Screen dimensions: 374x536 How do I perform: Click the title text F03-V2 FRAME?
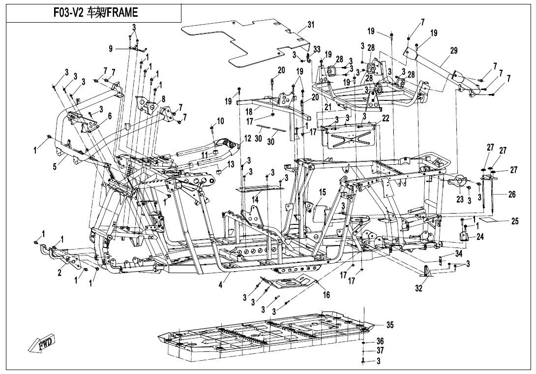click(x=95, y=13)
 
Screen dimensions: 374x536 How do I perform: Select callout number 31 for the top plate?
click(x=311, y=25)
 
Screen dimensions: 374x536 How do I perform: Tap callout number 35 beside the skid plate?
click(x=389, y=325)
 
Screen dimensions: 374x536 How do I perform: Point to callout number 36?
click(x=380, y=341)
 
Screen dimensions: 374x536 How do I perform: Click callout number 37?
click(x=380, y=351)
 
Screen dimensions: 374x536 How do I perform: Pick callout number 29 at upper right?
click(x=453, y=51)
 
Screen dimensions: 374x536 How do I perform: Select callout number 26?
click(x=512, y=194)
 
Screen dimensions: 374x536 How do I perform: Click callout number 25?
click(x=514, y=221)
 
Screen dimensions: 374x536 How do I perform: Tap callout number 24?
click(x=480, y=237)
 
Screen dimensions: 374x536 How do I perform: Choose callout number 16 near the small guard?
click(x=326, y=295)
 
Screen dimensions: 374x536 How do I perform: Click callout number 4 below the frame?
click(x=221, y=285)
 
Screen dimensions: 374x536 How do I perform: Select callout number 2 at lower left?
click(x=60, y=273)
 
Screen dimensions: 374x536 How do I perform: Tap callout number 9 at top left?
click(x=111, y=48)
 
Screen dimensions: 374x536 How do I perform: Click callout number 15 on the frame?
click(x=323, y=192)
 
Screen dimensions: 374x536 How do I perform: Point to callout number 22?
click(x=386, y=118)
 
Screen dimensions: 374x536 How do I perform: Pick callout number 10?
click(x=220, y=121)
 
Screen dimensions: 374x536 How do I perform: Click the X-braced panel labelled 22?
click(x=350, y=135)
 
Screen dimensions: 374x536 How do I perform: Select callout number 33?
click(x=317, y=49)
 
